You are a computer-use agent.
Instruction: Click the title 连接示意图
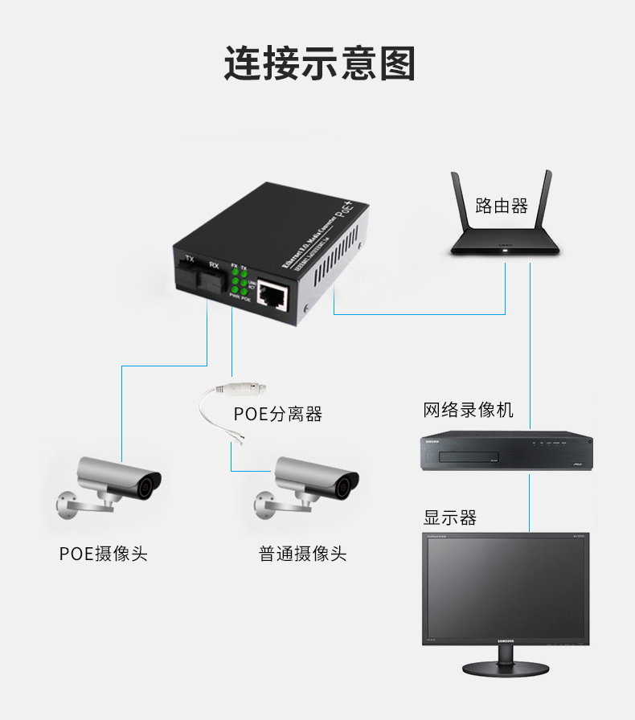319,63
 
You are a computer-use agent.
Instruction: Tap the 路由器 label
502,206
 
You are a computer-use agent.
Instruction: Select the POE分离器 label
277,414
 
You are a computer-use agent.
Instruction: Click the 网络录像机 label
468,411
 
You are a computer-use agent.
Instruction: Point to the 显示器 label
450,517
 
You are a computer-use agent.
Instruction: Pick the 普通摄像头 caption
302,554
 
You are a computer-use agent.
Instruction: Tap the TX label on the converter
190,259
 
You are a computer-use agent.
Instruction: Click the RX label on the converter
213,265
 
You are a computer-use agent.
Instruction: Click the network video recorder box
507,452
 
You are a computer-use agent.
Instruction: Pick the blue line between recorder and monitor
530,502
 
